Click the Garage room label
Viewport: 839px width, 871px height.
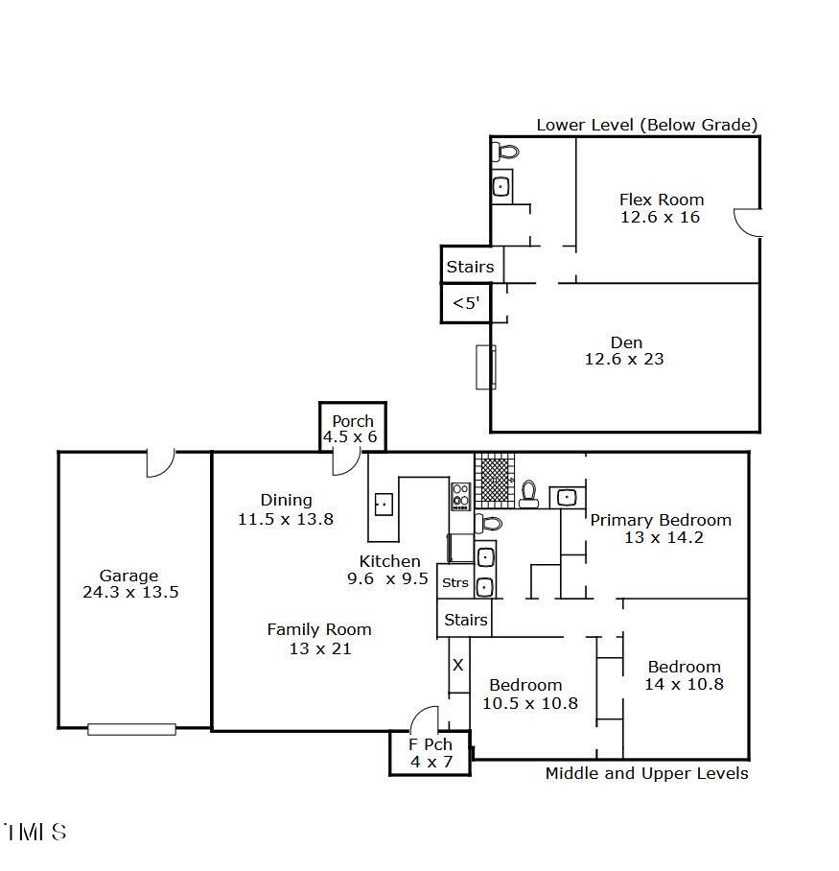(128, 576)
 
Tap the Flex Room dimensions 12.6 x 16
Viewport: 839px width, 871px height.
(661, 217)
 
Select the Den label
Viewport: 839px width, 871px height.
(626, 342)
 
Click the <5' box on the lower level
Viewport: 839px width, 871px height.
(466, 303)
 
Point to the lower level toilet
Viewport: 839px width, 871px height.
(506, 152)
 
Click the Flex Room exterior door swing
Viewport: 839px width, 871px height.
(747, 223)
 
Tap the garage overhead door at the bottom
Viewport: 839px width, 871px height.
(131, 729)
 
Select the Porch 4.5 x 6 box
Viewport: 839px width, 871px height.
(353, 427)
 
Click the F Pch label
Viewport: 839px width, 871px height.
(431, 744)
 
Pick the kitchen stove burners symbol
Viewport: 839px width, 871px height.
(460, 497)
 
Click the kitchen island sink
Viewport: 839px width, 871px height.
(384, 505)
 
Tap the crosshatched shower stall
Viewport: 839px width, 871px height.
(494, 481)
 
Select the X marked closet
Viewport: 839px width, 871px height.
(458, 665)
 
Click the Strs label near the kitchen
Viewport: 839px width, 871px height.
(455, 582)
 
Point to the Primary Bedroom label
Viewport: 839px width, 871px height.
(661, 520)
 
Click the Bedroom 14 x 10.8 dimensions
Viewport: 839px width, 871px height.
(684, 684)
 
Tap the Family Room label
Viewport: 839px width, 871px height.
(319, 629)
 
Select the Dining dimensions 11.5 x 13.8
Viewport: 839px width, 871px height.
(286, 519)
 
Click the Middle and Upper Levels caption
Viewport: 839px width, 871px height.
(647, 773)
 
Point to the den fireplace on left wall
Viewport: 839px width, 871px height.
(485, 367)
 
